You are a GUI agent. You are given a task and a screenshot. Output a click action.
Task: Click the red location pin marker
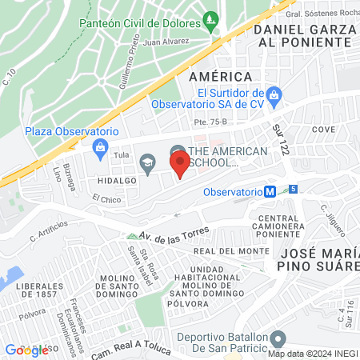(181, 164)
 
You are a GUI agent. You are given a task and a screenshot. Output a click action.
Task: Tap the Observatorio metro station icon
(271, 192)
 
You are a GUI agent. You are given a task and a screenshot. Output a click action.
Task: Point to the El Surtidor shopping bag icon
(274, 94)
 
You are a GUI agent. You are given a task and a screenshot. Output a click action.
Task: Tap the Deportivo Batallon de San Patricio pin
(278, 338)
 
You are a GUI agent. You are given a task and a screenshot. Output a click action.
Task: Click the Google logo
(26, 350)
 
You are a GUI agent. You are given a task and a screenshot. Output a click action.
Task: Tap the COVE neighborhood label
(323, 129)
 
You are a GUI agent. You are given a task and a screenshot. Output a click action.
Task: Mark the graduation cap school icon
(146, 165)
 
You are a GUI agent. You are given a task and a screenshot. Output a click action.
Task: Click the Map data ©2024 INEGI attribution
(312, 354)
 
